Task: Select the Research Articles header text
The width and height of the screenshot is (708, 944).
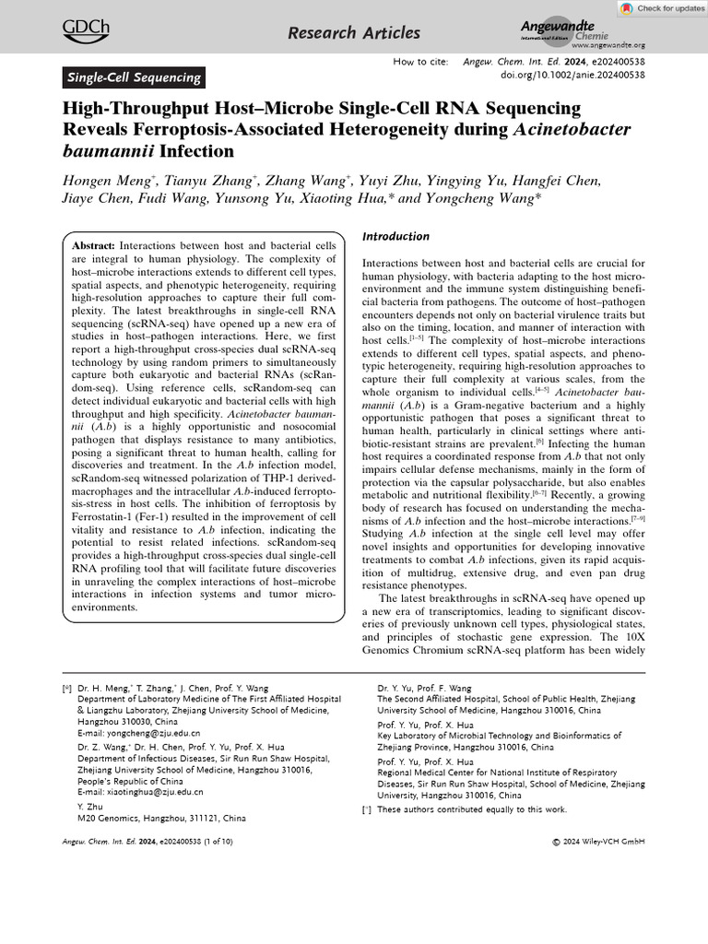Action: (353, 34)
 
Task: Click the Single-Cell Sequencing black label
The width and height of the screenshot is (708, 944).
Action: (134, 77)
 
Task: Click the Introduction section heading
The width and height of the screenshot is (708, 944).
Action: (395, 237)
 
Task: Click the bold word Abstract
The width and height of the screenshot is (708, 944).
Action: (93, 247)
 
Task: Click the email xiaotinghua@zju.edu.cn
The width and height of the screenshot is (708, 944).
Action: (140, 791)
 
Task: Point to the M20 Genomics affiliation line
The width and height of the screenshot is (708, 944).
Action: (161, 818)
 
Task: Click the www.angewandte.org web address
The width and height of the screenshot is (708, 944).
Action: (608, 45)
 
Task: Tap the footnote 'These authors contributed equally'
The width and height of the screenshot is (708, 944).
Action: (472, 809)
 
